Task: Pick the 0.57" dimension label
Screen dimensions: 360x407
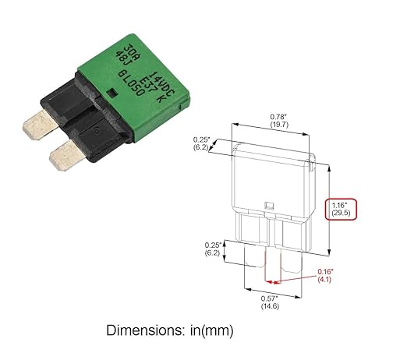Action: click(x=270, y=298)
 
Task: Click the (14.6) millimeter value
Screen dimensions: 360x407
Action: click(x=270, y=307)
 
